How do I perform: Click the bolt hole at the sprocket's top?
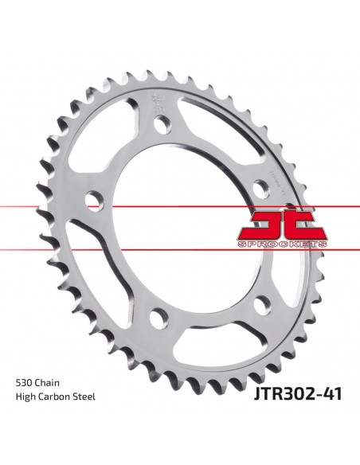click(162, 123)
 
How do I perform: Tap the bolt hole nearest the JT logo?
click(259, 187)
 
